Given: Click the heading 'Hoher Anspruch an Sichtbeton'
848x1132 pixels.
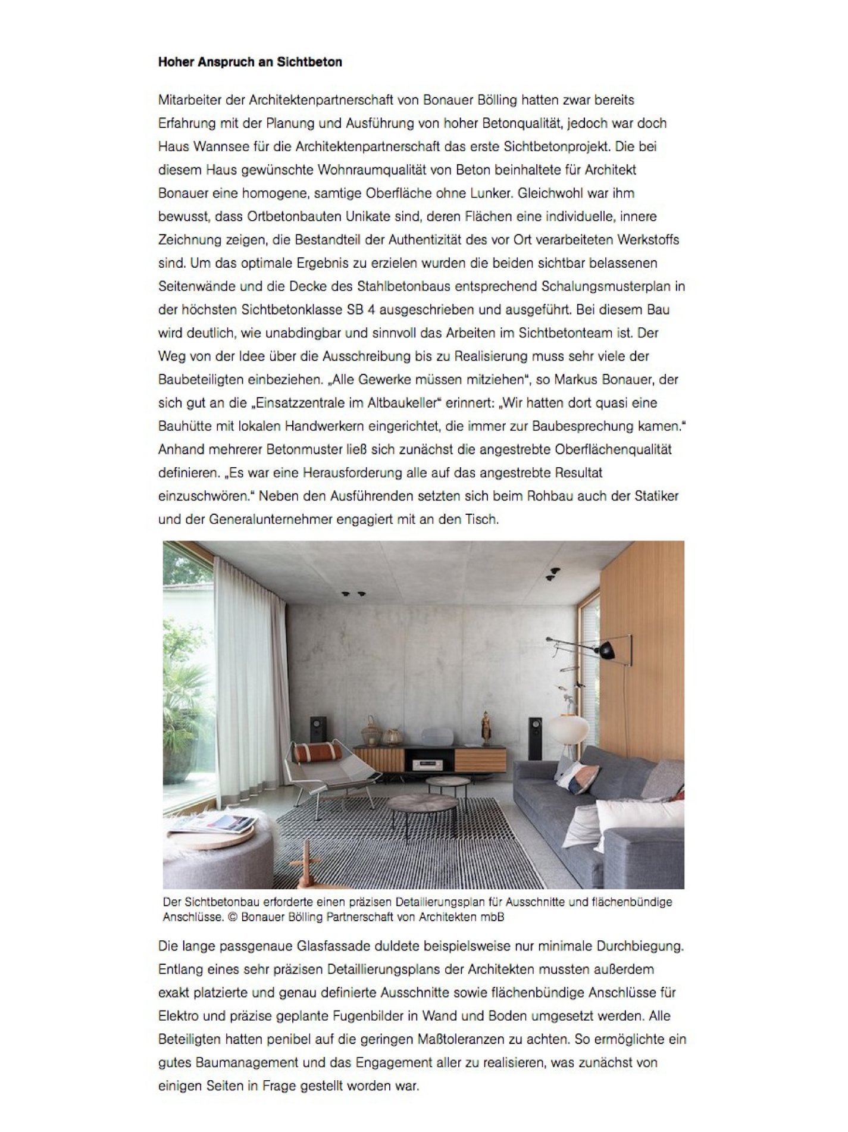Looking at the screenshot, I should click(250, 62).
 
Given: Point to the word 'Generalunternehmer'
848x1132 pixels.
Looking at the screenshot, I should click(271, 520).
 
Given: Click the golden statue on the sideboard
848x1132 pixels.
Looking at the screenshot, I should click(486, 727).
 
